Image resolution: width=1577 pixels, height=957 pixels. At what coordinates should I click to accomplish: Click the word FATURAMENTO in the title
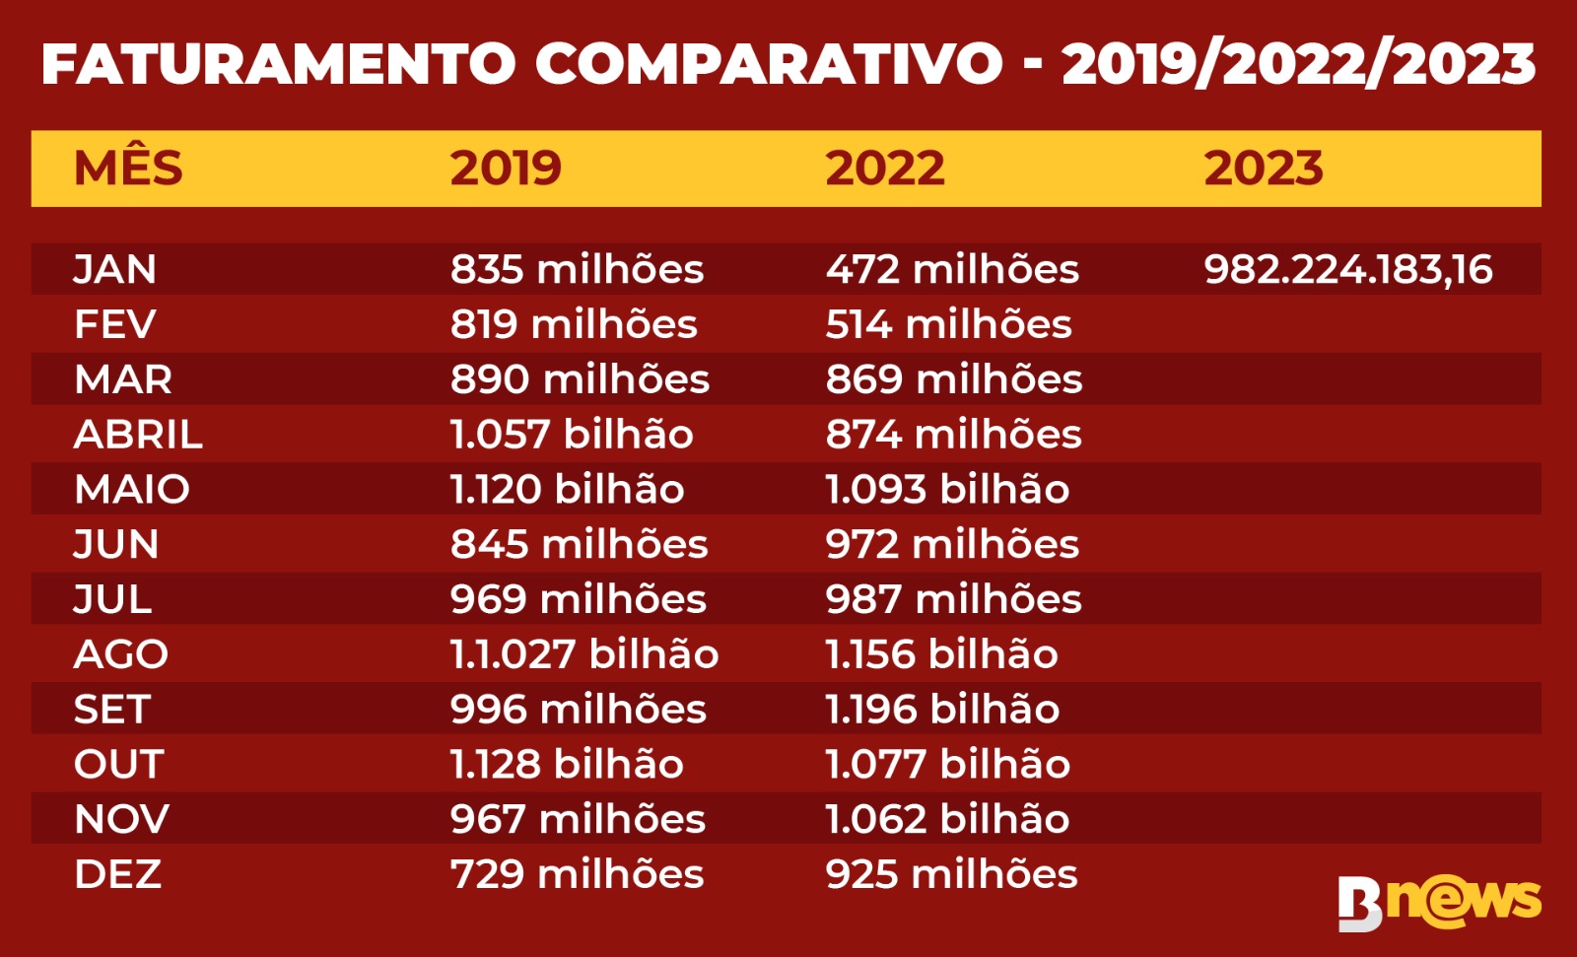pos(279,64)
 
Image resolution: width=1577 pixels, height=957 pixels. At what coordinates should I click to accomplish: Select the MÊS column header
pos(128,169)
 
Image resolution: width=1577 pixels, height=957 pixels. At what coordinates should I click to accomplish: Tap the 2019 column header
pos(506,169)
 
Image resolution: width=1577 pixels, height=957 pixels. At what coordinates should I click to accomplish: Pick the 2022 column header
pos(884,169)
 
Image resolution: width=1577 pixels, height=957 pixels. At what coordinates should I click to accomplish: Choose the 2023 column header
pos(1263,169)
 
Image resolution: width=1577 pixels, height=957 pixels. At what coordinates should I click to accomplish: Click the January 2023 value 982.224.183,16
pos(1347,269)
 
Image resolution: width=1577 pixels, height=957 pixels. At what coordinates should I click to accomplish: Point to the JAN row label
pos(115,269)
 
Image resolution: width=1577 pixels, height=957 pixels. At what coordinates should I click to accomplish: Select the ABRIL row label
pos(138,435)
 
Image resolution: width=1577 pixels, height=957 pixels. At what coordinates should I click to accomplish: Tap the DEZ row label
pos(117,874)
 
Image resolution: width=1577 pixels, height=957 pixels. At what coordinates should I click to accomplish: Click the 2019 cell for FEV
pos(574,324)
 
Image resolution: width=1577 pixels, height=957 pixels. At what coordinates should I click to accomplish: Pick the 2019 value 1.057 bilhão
pos(572,435)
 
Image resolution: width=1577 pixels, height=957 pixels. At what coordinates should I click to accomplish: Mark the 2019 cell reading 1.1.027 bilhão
pos(584,654)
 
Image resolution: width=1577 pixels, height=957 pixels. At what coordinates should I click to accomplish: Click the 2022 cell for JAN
pos(952,269)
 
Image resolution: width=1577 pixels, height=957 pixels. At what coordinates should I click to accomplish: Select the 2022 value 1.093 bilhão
pos(947,490)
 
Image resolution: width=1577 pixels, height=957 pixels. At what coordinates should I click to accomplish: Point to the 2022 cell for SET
pos(942,710)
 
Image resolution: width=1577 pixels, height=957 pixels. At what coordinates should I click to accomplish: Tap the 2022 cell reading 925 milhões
pos(951,874)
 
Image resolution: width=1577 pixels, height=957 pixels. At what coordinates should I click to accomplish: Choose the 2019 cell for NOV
pos(578,819)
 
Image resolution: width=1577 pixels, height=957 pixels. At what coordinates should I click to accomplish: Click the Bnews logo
pos(1439,901)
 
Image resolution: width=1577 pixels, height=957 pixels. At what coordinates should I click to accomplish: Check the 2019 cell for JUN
pos(579,544)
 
